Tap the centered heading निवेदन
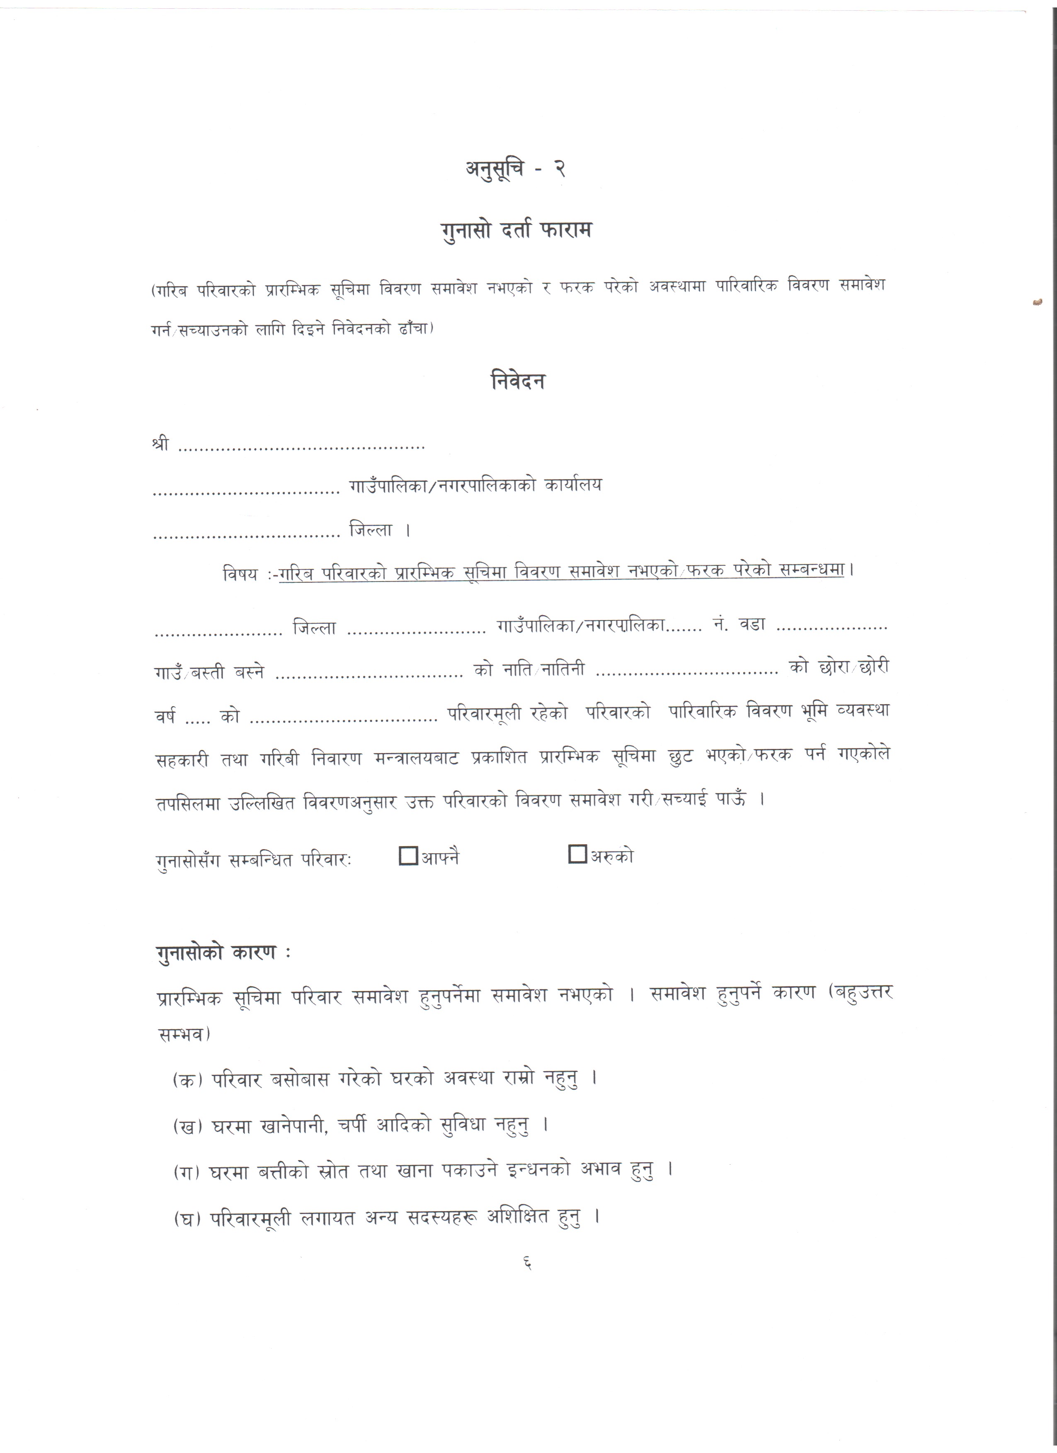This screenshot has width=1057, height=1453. click(518, 381)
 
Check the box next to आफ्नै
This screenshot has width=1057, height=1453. click(408, 855)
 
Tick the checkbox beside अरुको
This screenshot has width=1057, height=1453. click(577, 854)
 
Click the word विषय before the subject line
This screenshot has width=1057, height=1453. click(240, 574)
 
